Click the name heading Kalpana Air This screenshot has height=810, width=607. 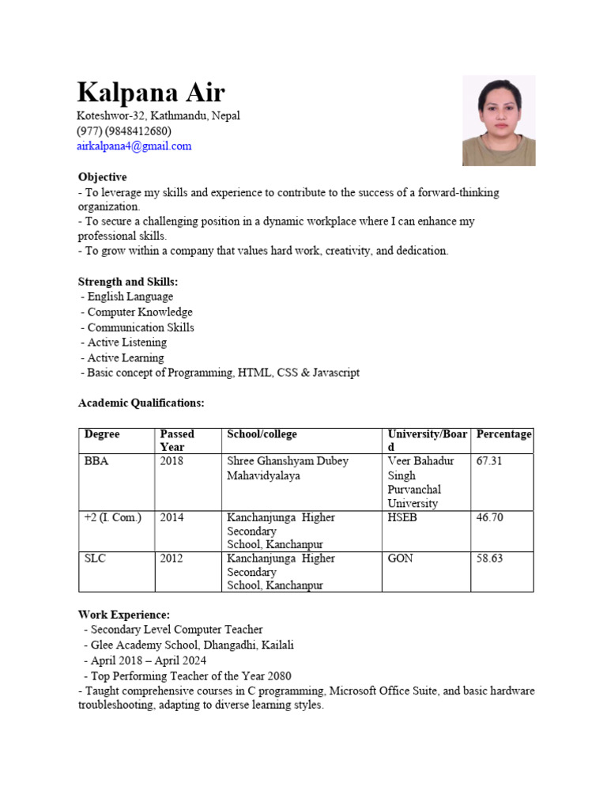[x=151, y=93]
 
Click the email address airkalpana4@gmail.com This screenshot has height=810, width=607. [x=134, y=146]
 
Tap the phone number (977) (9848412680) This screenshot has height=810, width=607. [x=124, y=131]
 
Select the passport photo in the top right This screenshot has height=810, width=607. [x=499, y=120]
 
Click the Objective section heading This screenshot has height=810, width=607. [x=102, y=177]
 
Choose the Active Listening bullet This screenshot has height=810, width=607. [x=126, y=343]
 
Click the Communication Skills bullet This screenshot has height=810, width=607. [x=140, y=327]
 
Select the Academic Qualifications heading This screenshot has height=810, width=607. [x=141, y=403]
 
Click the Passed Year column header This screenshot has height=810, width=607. [x=177, y=441]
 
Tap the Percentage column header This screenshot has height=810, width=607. [x=503, y=434]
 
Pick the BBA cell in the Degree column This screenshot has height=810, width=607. [x=96, y=461]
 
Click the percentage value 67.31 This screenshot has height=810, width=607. [x=489, y=461]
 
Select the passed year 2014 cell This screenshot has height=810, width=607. [x=172, y=517]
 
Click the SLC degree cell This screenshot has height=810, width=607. [x=96, y=558]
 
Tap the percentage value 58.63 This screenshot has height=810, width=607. [x=489, y=558]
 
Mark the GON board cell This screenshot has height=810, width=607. [x=401, y=558]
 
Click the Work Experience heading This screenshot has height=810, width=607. [x=123, y=615]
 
